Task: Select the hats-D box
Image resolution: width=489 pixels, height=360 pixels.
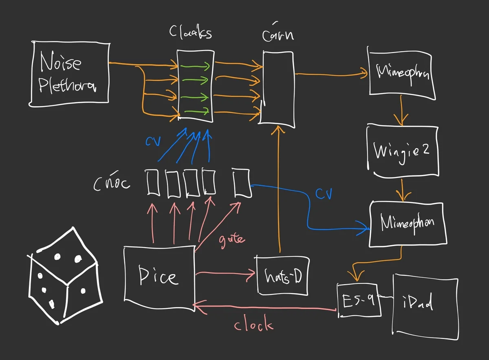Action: coord(282,276)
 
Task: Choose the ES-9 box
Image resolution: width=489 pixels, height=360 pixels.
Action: coord(359,301)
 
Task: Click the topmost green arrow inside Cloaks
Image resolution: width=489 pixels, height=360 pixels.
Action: coord(196,66)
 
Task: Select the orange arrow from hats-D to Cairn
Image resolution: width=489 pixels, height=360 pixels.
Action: coord(279,191)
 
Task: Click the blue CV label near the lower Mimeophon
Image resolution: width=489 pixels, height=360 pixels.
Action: coord(324,194)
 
